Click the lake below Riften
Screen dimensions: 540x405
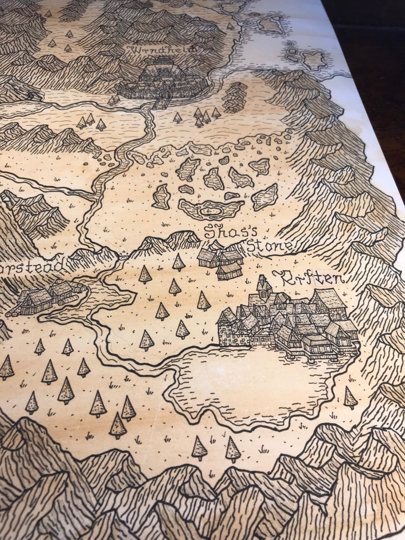(x=255, y=382)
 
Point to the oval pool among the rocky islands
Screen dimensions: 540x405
(x=210, y=210)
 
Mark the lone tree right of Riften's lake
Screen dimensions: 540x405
(x=350, y=397)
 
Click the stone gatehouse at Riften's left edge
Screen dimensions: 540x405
(x=227, y=329)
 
